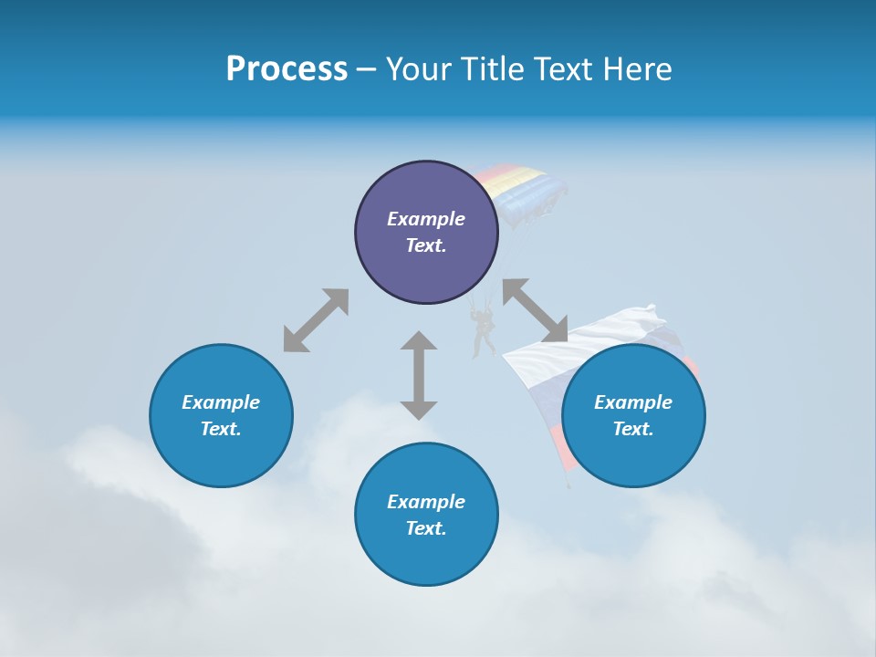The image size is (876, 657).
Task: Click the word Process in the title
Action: point(287,69)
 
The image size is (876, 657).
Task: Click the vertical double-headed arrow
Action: point(419,375)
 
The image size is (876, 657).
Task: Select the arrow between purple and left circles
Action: point(316,320)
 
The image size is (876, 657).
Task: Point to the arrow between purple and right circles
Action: point(535,310)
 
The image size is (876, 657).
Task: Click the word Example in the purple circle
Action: point(426,219)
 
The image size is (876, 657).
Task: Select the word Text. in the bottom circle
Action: point(426,528)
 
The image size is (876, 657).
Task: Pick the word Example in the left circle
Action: point(221,402)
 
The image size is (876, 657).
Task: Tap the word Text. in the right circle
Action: point(633,429)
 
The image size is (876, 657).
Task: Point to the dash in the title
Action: point(366,69)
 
